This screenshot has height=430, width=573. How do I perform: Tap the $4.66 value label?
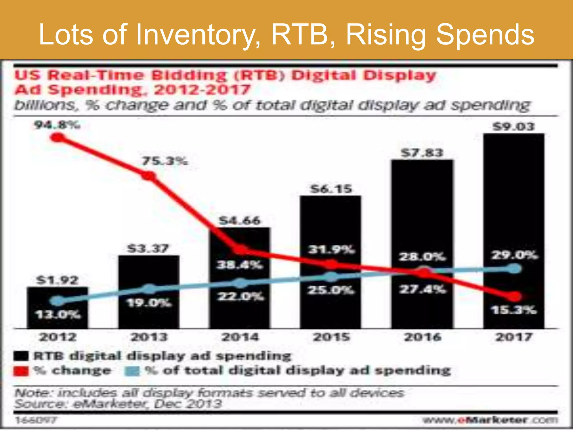pos(240,221)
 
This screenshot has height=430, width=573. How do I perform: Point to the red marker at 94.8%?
pos(58,137)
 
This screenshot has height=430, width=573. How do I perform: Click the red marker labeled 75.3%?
pos(149,176)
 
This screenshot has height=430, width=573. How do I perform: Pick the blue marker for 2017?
pos(514,269)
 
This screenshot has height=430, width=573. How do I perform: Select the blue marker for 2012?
pos(57,301)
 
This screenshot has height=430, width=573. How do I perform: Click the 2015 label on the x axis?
pos(331,337)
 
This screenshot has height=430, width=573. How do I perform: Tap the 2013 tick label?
pos(149,337)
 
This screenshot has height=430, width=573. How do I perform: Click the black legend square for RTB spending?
pos(21,356)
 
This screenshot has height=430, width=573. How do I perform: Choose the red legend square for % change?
pos(21,371)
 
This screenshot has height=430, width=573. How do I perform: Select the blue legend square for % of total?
pos(132,371)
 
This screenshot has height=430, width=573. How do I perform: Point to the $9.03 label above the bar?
pos(514,127)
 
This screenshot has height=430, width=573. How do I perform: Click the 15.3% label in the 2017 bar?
pos(514,310)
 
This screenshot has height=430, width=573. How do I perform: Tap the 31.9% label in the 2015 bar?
pos(331,249)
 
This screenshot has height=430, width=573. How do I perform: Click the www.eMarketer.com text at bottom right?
pos(490,420)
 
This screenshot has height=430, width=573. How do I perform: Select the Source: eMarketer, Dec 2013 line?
pos(118,404)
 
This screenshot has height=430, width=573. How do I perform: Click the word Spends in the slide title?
pos(485,35)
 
